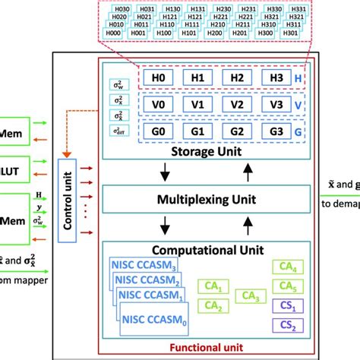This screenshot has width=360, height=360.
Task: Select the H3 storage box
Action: click(275, 78)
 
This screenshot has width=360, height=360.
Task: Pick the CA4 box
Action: click(285, 267)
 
